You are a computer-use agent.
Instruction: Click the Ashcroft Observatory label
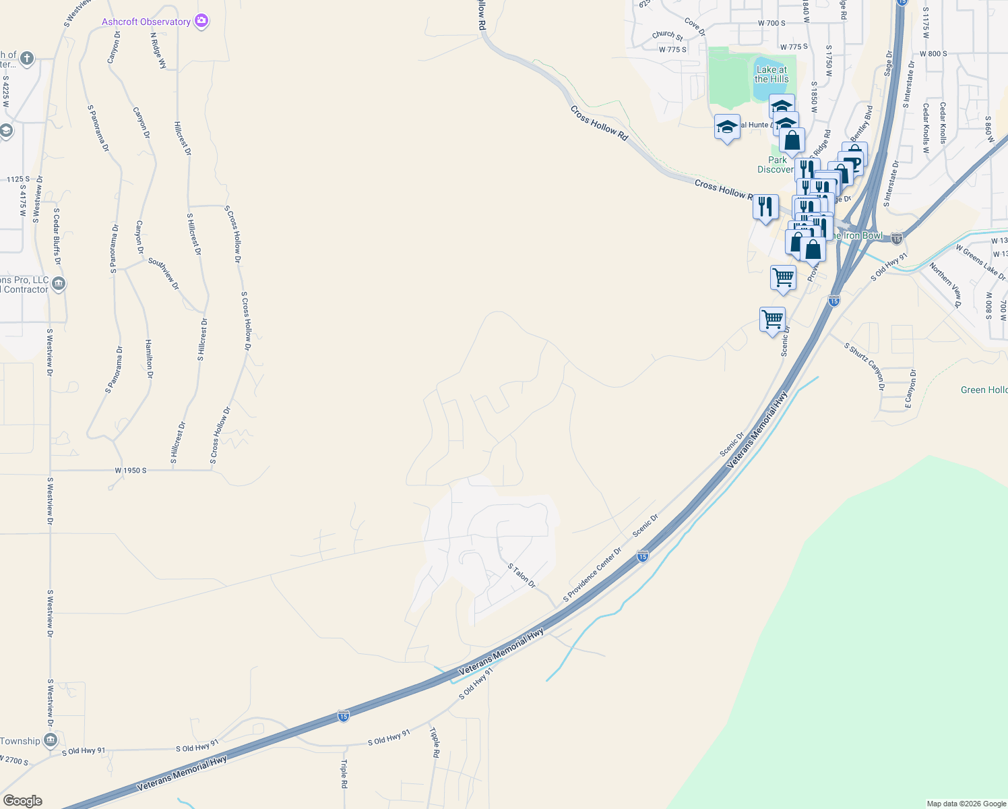(x=146, y=22)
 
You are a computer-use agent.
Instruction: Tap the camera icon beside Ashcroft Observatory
(x=201, y=22)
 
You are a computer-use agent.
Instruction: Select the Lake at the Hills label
(x=771, y=74)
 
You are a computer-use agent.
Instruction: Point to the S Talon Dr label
(x=522, y=576)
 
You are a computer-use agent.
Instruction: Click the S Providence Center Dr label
(x=592, y=574)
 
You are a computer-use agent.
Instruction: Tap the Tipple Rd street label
(x=435, y=742)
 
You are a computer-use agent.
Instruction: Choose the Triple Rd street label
(x=344, y=774)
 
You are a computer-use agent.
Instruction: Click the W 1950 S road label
(x=130, y=471)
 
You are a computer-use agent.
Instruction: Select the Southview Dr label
(x=164, y=274)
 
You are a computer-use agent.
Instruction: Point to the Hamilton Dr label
(x=149, y=359)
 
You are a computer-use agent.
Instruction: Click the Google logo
(x=22, y=801)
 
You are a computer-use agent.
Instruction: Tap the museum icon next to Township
(x=51, y=741)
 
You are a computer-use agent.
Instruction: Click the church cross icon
(x=27, y=59)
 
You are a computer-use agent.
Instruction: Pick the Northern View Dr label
(x=945, y=285)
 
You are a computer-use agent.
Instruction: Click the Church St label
(x=667, y=35)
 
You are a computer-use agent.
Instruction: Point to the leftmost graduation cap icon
(x=727, y=127)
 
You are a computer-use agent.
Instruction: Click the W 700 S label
(x=771, y=23)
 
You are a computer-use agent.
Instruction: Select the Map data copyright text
(x=966, y=804)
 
